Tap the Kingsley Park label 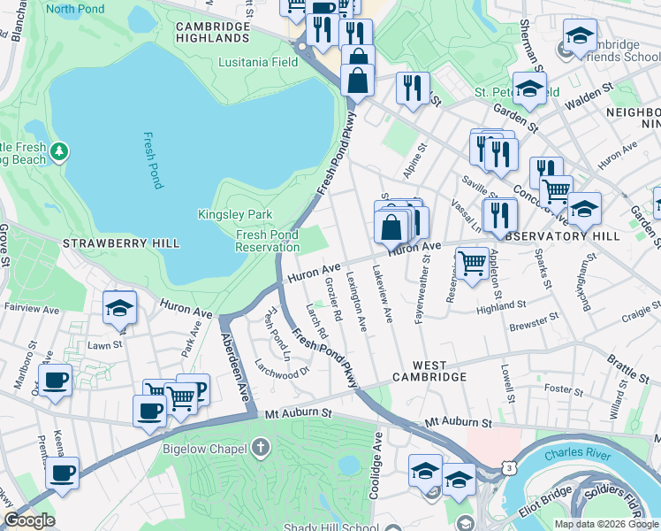pos(235,215)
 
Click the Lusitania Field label pos(260,63)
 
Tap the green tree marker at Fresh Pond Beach pos(59,152)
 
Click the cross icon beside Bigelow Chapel pos(260,449)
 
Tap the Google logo pos(28,520)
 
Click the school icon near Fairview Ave pos(119,308)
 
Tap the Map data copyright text pos(605,524)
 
